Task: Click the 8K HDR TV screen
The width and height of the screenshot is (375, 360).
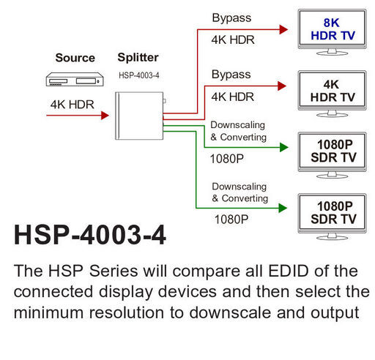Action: coord(332,29)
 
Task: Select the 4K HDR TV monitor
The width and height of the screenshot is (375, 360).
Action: coord(332,94)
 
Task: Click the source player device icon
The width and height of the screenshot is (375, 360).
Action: coord(75,79)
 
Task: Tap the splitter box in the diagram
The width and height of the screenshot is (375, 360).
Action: coord(139,116)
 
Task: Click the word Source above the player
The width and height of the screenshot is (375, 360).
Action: coord(75,58)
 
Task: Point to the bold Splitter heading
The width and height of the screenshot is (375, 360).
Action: coord(138,58)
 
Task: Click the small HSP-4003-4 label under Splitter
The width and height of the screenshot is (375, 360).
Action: coord(139,75)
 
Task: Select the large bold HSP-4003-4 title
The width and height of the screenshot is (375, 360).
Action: coord(90,235)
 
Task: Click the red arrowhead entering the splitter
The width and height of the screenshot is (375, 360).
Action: coord(105,116)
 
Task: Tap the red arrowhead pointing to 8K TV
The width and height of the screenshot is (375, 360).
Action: coord(283,29)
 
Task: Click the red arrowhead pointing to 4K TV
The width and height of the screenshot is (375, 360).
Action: coord(282,86)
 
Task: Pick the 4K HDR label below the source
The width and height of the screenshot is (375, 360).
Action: coord(73,105)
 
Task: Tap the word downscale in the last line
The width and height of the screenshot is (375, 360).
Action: coord(230,312)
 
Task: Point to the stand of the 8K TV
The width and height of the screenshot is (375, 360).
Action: coord(332,52)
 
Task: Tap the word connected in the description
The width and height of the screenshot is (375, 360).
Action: coord(53,292)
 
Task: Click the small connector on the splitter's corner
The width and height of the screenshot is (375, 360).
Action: coord(165,101)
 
